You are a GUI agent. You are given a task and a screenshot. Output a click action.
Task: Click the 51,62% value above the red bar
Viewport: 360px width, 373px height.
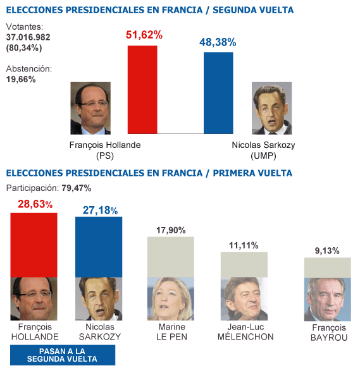pyautogui.click(x=144, y=35)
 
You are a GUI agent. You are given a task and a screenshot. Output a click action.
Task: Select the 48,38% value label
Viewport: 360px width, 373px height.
pyautogui.click(x=218, y=42)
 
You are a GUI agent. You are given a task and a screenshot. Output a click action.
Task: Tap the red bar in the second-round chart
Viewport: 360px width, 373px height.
pyautogui.click(x=142, y=89)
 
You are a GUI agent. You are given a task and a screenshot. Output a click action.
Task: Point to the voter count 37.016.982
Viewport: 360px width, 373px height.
pyautogui.click(x=32, y=37)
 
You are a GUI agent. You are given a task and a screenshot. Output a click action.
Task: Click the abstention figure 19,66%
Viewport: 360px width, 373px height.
pyautogui.click(x=21, y=79)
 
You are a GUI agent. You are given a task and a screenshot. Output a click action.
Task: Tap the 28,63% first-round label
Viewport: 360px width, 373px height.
pyautogui.click(x=35, y=204)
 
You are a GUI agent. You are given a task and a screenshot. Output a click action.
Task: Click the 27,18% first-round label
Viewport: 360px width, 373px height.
pyautogui.click(x=100, y=209)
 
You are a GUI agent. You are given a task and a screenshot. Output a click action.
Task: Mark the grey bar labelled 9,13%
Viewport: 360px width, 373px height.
pyautogui.click(x=327, y=267)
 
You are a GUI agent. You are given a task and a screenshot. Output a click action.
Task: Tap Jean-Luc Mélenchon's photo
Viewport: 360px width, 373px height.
pyautogui.click(x=244, y=299)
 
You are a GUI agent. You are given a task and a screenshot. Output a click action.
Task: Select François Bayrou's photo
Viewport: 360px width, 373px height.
pyautogui.click(x=327, y=299)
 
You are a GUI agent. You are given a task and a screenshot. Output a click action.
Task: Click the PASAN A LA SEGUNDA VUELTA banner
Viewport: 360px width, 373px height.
pyautogui.click(x=63, y=355)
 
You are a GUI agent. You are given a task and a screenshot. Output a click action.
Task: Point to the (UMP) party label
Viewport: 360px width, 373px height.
pyautogui.click(x=263, y=156)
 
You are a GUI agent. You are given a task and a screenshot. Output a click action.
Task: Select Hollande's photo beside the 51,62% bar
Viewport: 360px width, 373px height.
pyautogui.click(x=90, y=107)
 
